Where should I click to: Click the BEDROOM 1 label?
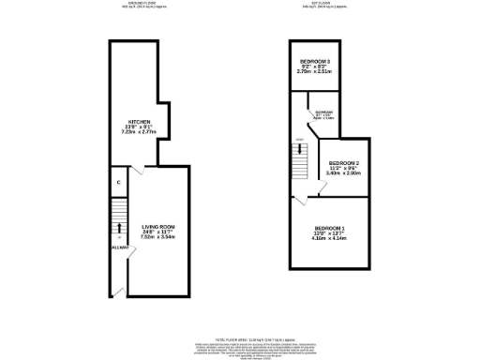(x=330, y=230)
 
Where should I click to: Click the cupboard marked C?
(x=118, y=182)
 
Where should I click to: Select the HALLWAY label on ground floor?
(x=119, y=247)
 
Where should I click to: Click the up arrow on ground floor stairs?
(x=119, y=226)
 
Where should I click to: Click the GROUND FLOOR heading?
(x=142, y=4)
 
